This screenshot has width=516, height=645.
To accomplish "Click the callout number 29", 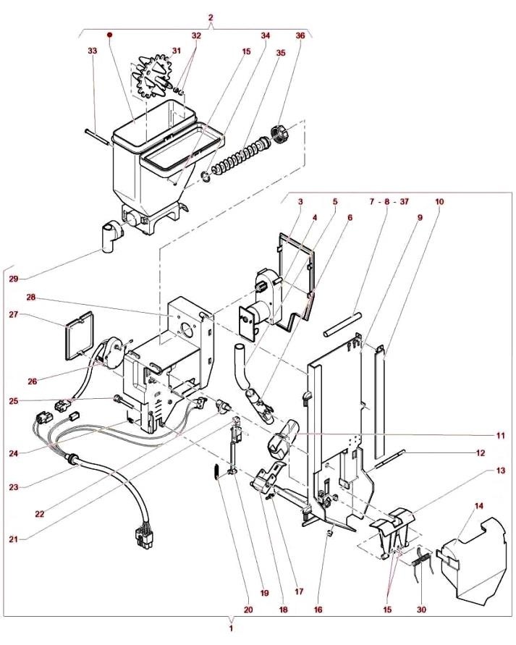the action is click(x=14, y=279).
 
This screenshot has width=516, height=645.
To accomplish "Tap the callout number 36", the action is click(x=300, y=35).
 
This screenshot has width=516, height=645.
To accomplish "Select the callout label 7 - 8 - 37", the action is click(x=389, y=201).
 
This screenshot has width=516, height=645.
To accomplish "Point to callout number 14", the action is click(x=479, y=505).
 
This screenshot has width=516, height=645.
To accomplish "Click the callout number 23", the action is click(x=14, y=487).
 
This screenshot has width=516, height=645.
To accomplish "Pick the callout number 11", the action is click(x=500, y=435).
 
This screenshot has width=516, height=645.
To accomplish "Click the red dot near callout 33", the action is click(x=109, y=35).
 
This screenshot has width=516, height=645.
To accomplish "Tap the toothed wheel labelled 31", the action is click(x=153, y=77).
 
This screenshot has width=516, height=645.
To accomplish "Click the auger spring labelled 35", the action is click(x=240, y=157).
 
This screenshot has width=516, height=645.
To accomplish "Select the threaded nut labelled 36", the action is click(x=279, y=135).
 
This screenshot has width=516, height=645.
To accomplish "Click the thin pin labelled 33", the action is click(x=98, y=137).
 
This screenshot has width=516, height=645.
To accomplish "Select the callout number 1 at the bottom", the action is click(x=231, y=628).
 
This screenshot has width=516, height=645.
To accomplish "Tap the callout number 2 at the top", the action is click(x=211, y=17).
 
